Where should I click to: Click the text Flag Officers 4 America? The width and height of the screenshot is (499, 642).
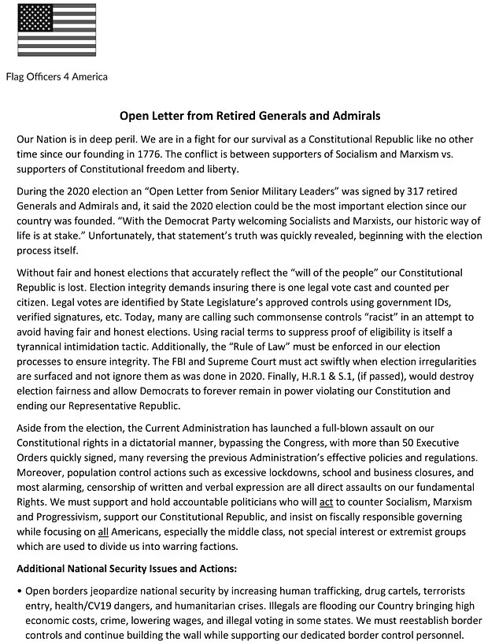point(57,77)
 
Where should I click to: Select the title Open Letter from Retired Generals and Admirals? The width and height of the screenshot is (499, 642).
point(249,116)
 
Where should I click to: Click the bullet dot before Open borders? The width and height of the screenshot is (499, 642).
point(19,590)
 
